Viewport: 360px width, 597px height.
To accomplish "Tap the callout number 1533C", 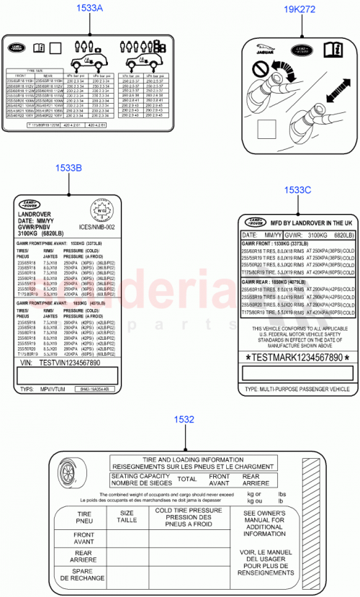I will pos(297,189).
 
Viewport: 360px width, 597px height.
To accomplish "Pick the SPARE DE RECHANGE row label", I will pos(84,574).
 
